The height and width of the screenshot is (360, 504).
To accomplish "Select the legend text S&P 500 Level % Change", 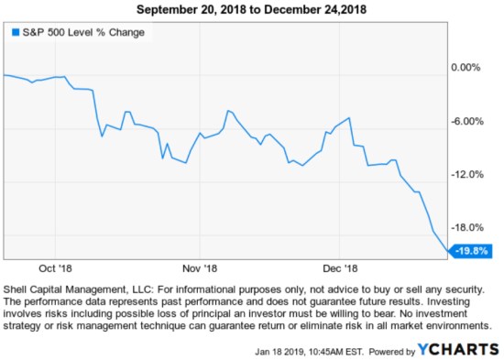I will tap(82, 32).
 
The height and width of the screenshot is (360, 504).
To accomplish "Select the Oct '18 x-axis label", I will tap(55, 269).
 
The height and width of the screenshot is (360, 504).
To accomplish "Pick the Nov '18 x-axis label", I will tap(199, 269).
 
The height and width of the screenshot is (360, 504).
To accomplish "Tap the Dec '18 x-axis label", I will tap(338, 269).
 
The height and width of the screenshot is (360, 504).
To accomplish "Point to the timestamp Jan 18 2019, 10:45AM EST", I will tap(311, 349).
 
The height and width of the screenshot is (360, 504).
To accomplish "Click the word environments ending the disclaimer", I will tap(457, 325).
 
